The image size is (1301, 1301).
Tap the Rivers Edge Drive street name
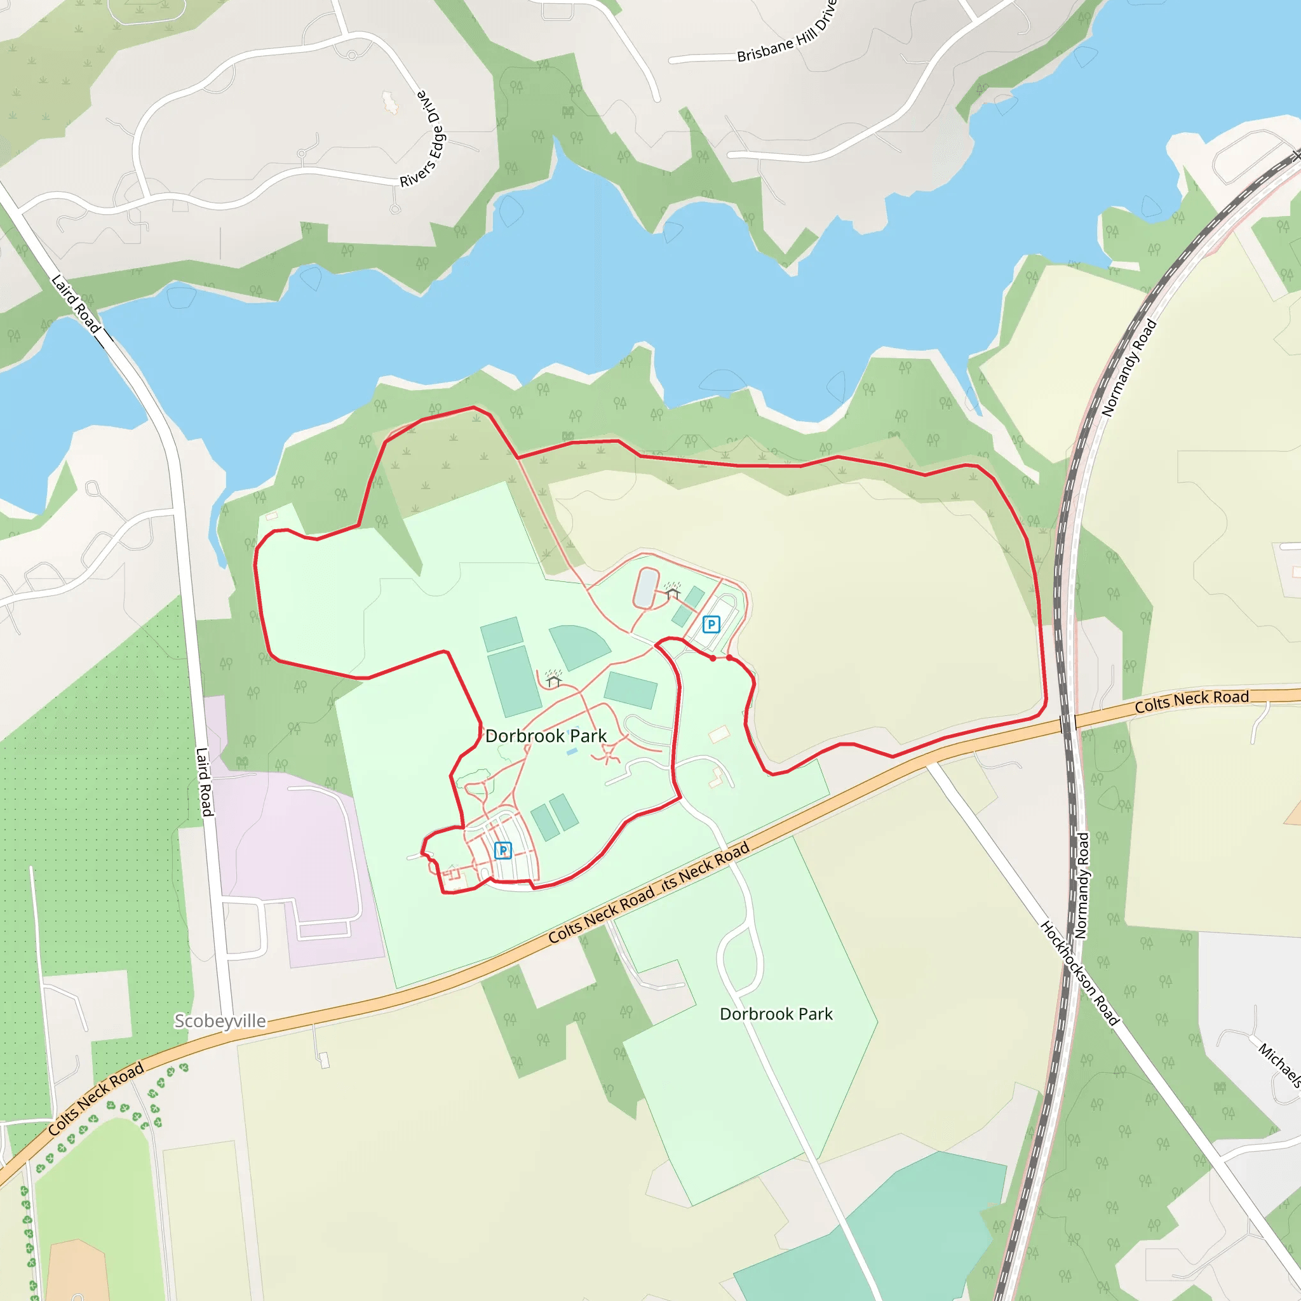tap(422, 138)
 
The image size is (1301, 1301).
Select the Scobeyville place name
tap(220, 1021)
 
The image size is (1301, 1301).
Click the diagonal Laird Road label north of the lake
tap(76, 303)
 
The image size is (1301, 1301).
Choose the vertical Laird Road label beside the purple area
tap(204, 782)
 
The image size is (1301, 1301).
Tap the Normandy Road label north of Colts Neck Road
tap(1129, 368)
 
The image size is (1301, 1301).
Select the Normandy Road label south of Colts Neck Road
tap(1081, 886)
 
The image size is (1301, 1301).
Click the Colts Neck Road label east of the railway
tap(1191, 701)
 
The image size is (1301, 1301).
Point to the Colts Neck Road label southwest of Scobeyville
tap(96, 1098)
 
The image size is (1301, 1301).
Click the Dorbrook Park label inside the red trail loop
tap(546, 736)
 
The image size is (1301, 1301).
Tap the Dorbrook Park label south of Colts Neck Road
tap(776, 1014)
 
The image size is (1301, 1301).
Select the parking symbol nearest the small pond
tap(710, 624)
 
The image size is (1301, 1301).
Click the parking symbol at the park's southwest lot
tap(503, 851)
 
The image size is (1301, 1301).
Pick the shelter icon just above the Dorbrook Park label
tap(553, 679)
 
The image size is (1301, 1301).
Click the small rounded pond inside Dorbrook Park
tap(646, 588)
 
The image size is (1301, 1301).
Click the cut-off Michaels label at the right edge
tap(1279, 1064)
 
